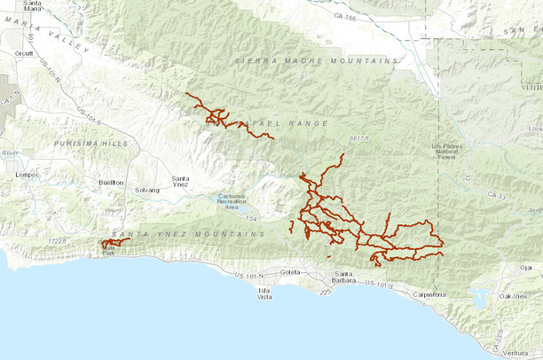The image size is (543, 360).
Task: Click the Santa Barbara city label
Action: point(347,277)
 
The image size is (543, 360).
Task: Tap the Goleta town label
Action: point(289,272)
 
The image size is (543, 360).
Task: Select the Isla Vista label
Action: point(264,293)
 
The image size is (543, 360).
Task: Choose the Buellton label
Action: point(111,182)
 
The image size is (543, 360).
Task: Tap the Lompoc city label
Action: point(22,175)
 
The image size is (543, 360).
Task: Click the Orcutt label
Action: point(23,53)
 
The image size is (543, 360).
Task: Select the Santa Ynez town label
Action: point(180,182)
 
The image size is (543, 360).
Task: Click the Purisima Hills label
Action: point(90,143)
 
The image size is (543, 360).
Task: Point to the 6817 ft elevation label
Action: point(358,138)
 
